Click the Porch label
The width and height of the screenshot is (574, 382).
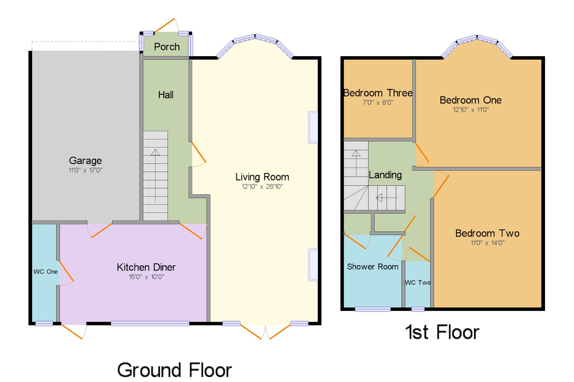click(x=167, y=47)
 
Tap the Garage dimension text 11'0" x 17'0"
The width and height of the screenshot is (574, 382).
click(x=86, y=170)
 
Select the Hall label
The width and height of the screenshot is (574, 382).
click(x=166, y=95)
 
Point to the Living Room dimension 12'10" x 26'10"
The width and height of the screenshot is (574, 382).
click(x=262, y=187)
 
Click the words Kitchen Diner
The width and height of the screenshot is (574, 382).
click(x=146, y=267)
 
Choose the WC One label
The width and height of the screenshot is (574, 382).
click(x=46, y=272)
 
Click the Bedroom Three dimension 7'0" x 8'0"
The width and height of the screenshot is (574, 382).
click(x=378, y=102)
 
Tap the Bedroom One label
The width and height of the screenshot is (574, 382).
click(x=471, y=100)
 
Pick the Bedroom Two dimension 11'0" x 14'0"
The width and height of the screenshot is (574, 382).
click(x=488, y=243)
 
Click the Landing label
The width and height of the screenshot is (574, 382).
click(x=385, y=175)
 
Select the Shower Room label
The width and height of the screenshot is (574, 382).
click(x=373, y=267)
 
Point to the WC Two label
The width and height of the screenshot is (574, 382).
click(x=418, y=283)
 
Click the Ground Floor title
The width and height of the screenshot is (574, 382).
click(x=174, y=370)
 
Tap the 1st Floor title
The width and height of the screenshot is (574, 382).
click(x=442, y=332)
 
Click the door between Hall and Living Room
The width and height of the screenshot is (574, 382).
click(x=199, y=154)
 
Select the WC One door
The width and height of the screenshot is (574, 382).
click(x=66, y=273)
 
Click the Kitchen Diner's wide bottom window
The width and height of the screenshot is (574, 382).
click(x=150, y=324)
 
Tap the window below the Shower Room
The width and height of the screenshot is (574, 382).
click(x=373, y=309)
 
